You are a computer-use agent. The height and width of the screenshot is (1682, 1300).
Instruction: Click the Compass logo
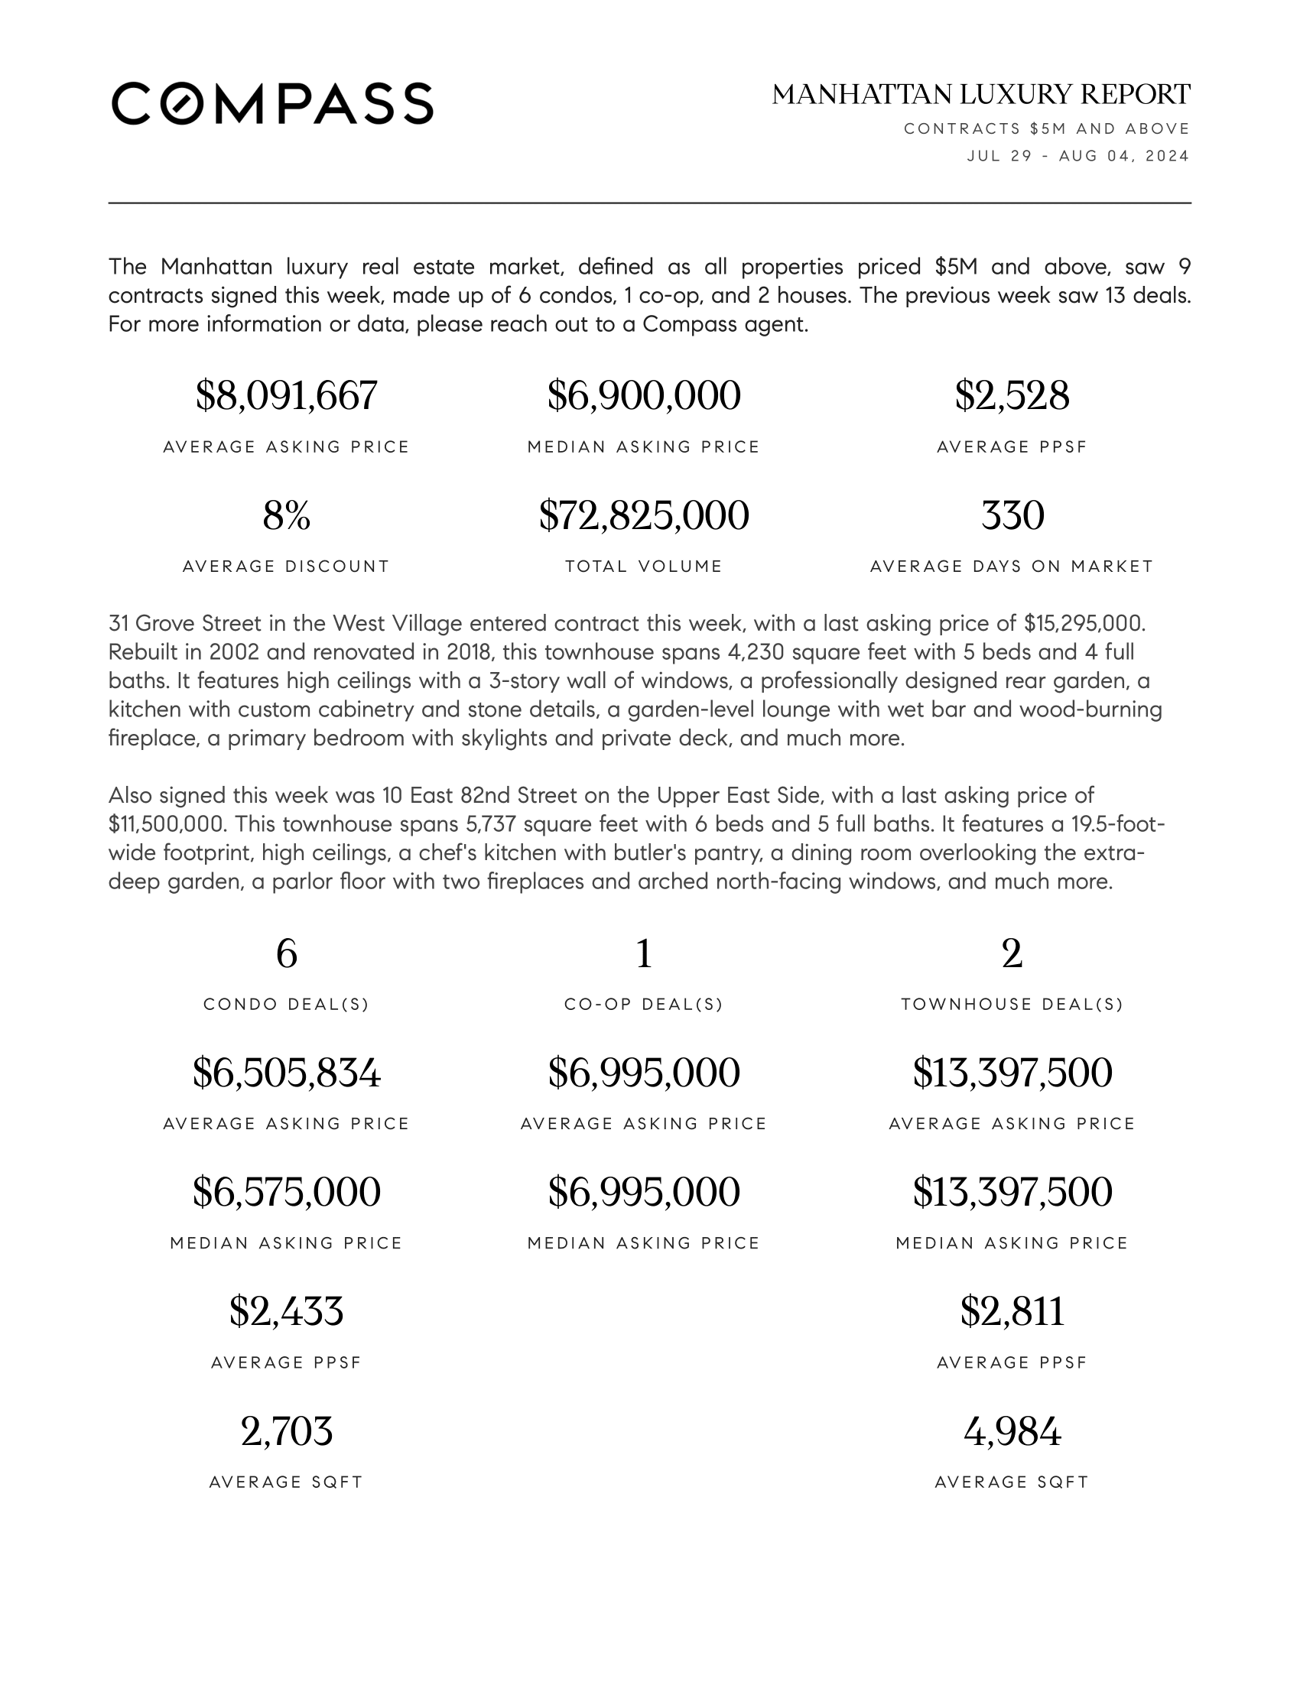273,103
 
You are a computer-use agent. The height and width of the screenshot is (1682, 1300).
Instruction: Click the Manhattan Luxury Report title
980,95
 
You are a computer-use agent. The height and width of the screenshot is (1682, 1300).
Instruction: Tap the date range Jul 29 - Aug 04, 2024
1077,156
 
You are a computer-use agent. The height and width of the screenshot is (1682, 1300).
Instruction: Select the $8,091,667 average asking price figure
287,396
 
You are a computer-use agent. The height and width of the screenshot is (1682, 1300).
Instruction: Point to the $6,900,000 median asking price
644,396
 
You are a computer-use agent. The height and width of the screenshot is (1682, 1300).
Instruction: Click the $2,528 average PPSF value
1012,396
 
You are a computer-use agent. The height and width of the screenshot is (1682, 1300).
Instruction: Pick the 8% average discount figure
287,515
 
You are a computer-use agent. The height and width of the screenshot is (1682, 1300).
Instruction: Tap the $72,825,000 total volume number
644,515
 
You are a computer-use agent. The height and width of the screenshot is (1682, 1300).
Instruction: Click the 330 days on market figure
1012,515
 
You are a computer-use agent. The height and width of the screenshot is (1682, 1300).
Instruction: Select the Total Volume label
644,567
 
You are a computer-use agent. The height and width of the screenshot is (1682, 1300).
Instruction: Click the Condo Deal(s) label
287,1005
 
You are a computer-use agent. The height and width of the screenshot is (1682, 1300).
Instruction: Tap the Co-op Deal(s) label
644,1005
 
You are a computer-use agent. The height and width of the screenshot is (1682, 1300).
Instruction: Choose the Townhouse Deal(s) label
1012,1005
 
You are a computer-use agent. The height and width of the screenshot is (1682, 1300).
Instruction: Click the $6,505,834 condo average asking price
287,1073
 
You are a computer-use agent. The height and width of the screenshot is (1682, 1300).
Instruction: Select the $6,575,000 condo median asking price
287,1192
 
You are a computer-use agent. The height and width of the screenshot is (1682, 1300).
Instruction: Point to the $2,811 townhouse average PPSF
1012,1311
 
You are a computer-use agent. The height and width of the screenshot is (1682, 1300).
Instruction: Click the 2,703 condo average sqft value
287,1432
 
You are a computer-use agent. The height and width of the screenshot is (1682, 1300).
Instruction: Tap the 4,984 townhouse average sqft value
1012,1432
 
